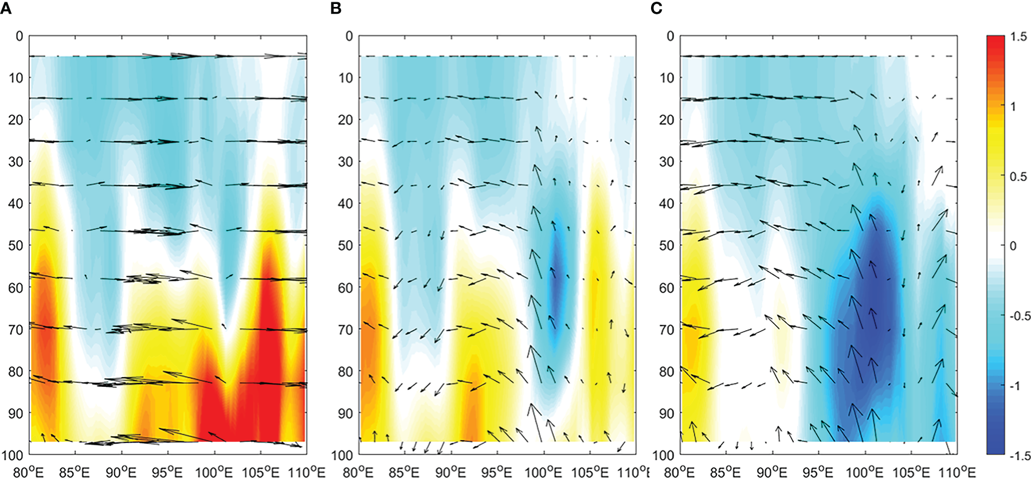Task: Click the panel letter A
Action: pos(5,8)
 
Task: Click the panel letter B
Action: pos(336,8)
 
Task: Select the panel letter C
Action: pos(657,8)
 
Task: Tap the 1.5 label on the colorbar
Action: pos(1018,37)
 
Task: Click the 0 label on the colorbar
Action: pos(1013,246)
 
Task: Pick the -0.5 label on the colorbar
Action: pos(1018,316)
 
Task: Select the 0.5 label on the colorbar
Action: pos(1018,177)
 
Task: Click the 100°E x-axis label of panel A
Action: pos(214,472)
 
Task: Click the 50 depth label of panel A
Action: pos(15,245)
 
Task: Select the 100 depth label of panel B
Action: pos(342,455)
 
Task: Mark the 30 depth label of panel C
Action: pos(667,162)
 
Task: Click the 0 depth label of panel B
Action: pos(348,36)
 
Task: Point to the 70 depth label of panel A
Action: pos(15,330)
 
